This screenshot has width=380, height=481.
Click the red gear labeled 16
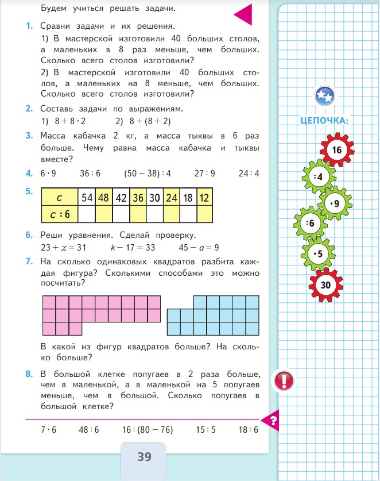coord(336,151)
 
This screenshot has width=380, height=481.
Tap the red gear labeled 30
coord(325,284)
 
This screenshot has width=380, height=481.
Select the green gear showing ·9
coord(335,203)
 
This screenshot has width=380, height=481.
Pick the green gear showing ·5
coord(319,254)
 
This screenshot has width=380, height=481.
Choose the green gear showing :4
coord(319,177)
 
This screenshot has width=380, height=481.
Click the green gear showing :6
coord(311,224)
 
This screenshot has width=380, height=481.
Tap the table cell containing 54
coord(87,197)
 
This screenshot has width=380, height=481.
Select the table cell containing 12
coord(204,197)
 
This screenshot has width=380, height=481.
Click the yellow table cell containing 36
coord(138,197)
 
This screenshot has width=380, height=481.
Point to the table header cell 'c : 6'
coord(59,214)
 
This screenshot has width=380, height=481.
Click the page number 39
coord(144,457)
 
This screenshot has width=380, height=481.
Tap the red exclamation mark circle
coord(285,380)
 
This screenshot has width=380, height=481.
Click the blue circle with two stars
coord(324,96)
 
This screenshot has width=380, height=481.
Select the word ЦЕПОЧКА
coord(325,121)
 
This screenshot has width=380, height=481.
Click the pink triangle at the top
coord(243,13)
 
